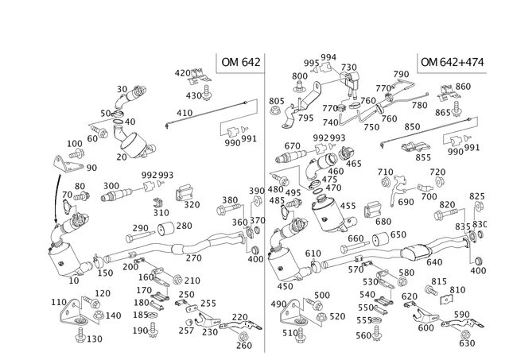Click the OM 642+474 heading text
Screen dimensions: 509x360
[x=453, y=62]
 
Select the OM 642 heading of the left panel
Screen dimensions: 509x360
[x=241, y=62]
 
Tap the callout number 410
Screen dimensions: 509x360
[x=185, y=113]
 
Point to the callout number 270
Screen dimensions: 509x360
[x=194, y=258]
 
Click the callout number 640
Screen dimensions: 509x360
[x=434, y=262]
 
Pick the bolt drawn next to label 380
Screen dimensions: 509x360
[x=229, y=209]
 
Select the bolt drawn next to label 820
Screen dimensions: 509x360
[x=446, y=215]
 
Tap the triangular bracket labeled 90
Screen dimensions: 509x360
[x=67, y=165]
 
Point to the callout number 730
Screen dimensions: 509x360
[x=348, y=68]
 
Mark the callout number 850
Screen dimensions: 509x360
[x=412, y=126]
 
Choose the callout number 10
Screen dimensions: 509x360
[x=74, y=281]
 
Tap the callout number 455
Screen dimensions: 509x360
[x=348, y=206]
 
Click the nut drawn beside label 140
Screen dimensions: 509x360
[x=98, y=315]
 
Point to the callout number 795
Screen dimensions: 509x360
[x=305, y=118]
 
